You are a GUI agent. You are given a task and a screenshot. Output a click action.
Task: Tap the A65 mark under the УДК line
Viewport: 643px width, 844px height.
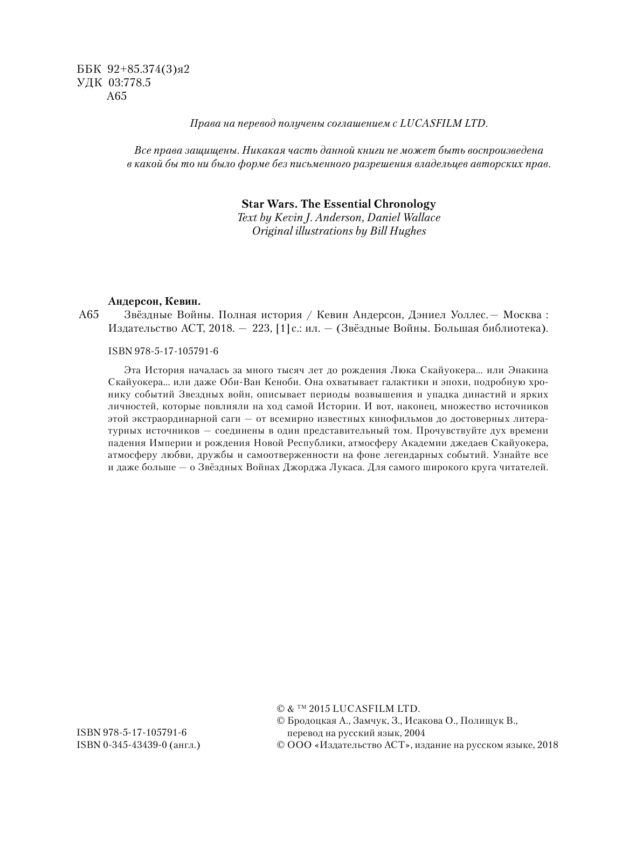(117, 97)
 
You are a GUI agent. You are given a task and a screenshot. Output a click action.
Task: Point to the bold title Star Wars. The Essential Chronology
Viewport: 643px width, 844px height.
(338, 204)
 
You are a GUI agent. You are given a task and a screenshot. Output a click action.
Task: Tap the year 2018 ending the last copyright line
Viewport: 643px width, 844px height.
(548, 745)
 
